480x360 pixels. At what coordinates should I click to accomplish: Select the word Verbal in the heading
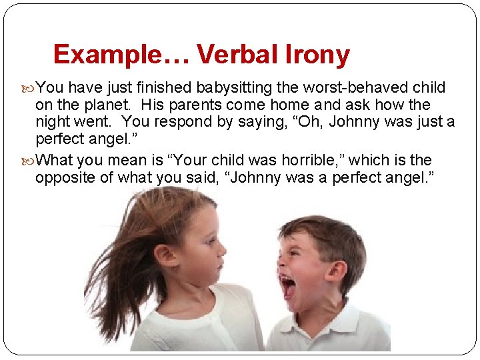(x=235, y=54)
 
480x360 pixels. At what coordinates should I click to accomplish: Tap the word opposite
(x=63, y=178)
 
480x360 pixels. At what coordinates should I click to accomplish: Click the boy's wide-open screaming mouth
(x=288, y=287)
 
